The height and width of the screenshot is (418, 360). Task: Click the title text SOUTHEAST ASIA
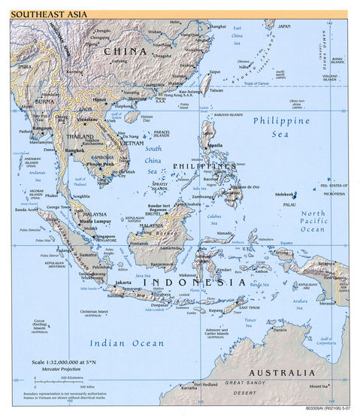pos(45,14)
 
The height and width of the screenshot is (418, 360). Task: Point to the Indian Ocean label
pos(126,343)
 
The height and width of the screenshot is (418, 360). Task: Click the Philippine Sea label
pos(281,127)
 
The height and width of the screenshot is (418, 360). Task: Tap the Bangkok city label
pos(74,150)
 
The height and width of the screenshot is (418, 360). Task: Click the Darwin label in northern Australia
pos(279,328)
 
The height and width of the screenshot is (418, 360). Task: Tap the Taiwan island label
pos(216,91)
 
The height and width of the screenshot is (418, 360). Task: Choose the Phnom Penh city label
pos(100,163)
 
